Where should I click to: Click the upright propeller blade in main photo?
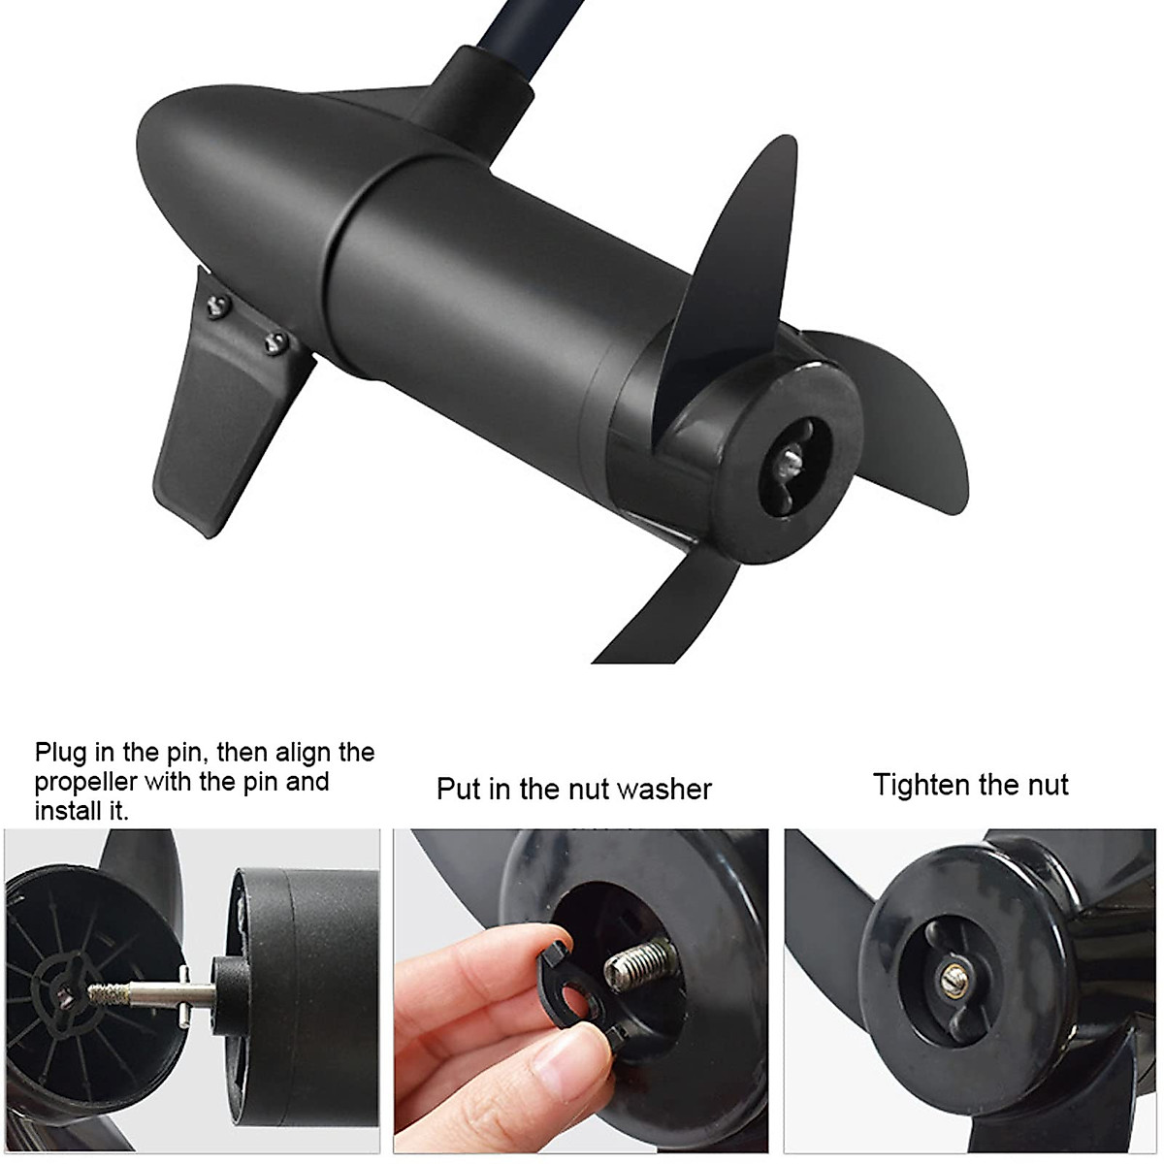(737, 252)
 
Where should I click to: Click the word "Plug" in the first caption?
(60, 754)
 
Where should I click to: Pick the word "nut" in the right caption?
(1046, 784)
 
